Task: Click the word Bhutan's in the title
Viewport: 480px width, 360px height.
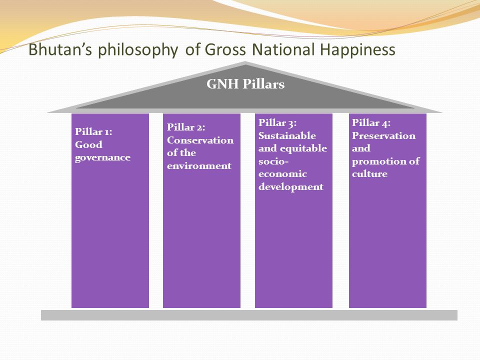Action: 60,49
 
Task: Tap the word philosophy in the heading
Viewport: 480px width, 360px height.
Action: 138,50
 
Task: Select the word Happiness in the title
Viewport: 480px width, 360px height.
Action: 357,50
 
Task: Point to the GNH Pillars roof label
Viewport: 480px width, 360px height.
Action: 245,84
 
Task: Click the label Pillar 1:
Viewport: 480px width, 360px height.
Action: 93,131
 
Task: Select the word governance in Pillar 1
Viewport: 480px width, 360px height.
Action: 102,158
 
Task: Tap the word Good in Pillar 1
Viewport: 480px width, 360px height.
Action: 88,144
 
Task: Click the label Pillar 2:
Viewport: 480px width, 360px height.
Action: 186,127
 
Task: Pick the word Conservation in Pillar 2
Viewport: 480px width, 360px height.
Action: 200,140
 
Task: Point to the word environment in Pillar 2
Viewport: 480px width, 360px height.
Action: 199,165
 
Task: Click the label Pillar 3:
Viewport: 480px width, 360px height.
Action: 277,122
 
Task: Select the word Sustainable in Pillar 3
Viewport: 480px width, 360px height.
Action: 287,135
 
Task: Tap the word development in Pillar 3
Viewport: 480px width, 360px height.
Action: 291,186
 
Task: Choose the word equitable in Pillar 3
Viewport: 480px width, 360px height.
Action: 303,148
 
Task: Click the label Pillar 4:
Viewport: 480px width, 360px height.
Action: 371,122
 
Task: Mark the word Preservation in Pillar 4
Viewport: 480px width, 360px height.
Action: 383,135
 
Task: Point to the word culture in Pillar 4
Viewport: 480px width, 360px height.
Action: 369,174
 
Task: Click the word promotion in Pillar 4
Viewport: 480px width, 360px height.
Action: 378,161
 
